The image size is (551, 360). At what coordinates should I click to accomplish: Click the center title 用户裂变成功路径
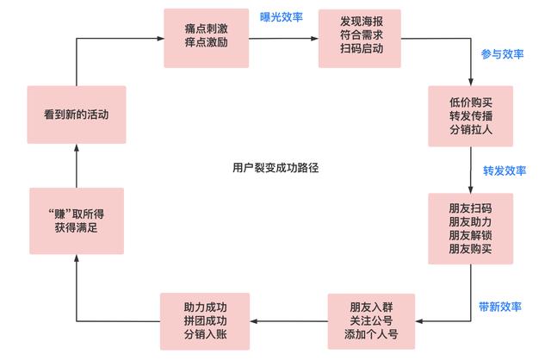click(x=275, y=167)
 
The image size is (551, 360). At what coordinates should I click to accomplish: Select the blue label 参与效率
click(x=503, y=53)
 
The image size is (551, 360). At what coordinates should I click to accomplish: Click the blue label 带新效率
click(x=502, y=306)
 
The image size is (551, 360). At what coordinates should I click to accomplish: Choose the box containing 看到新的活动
click(x=76, y=114)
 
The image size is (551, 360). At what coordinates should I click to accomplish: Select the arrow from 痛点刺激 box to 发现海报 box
click(x=282, y=39)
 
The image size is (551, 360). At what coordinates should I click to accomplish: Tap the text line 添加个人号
click(x=371, y=336)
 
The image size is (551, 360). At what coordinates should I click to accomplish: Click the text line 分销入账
click(x=206, y=336)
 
